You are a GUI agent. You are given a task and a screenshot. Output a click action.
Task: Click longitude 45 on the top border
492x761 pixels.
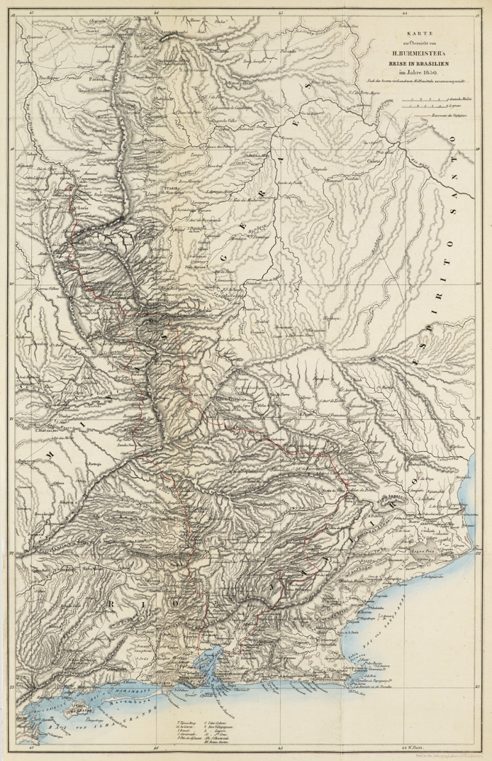279,12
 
